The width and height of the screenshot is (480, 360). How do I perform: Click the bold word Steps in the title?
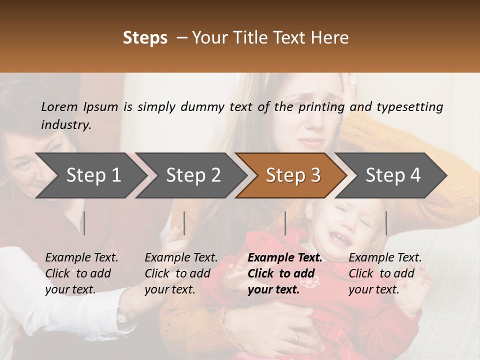[145, 38]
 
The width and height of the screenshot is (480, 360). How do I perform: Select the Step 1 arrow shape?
[90, 175]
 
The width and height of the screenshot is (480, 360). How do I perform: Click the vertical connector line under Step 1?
[84, 223]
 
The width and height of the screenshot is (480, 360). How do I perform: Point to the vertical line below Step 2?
[184, 223]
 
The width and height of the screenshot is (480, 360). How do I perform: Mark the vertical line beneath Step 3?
[285, 223]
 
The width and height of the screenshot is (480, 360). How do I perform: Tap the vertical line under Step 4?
[386, 223]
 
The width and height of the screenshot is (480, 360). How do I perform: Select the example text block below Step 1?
[81, 273]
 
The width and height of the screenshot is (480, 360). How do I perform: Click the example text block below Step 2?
[181, 273]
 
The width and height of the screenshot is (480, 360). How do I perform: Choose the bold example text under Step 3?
[285, 273]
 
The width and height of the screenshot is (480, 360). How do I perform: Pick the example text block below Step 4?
[385, 273]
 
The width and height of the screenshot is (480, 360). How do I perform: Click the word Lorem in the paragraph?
[59, 106]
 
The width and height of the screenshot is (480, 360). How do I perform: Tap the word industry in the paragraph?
[66, 125]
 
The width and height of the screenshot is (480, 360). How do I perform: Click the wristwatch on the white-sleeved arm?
[121, 315]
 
